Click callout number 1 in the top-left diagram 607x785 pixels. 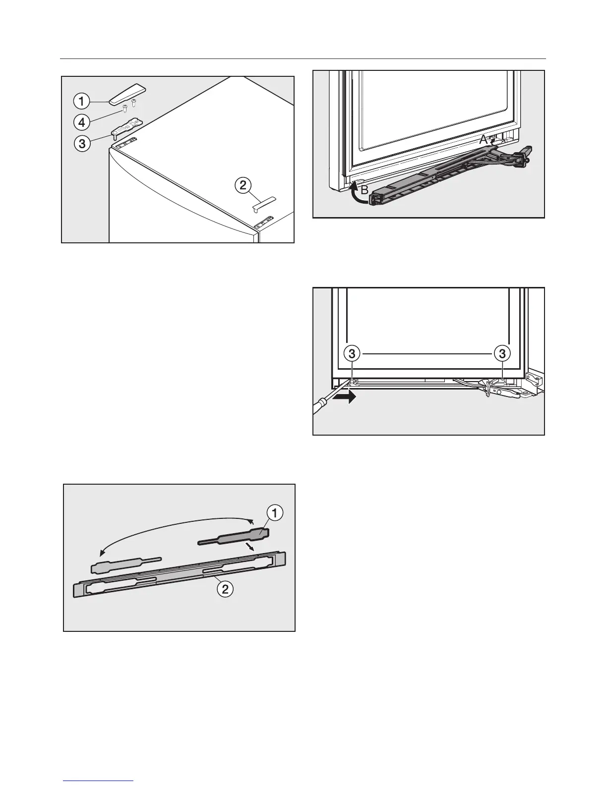pos(81,102)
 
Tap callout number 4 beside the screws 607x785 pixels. pos(81,121)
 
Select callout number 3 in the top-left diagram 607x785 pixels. pos(81,144)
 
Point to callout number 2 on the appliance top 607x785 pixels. pos(242,186)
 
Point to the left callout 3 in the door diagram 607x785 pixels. pos(352,353)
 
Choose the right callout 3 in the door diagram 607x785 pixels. pos(502,353)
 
